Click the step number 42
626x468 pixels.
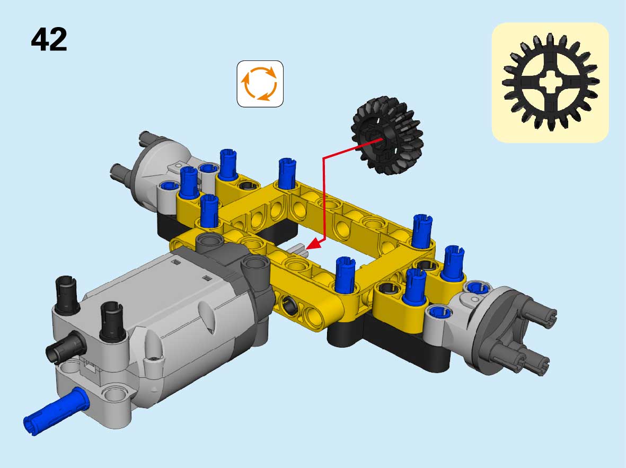coord(49,39)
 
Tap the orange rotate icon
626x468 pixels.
coord(260,84)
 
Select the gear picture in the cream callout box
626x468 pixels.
coord(551,82)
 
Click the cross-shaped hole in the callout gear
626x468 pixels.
coord(551,82)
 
